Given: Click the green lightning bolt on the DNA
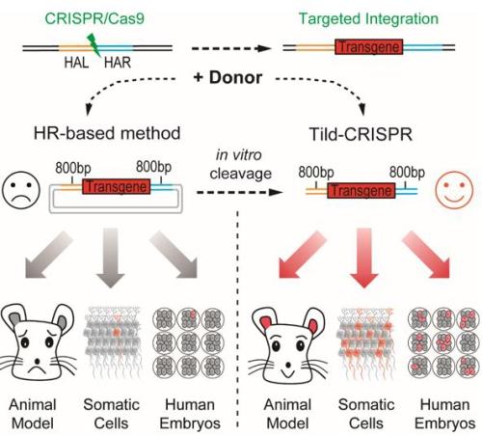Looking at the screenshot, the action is tap(94, 45).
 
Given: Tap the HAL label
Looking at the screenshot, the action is tap(76, 63).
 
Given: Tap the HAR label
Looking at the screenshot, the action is tap(118, 63).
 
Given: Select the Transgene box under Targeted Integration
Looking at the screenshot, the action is tap(368, 47).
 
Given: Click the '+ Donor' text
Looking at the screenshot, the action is tap(228, 77).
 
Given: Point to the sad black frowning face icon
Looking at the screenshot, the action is tap(21, 190).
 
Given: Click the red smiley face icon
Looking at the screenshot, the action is tap(454, 190).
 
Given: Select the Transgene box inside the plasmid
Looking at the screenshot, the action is tap(117, 186).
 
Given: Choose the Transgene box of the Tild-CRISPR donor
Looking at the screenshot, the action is tap(361, 190).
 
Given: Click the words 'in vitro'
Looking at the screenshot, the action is tap(239, 155).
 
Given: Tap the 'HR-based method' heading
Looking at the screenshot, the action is tap(107, 133).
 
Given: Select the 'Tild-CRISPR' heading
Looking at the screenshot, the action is tap(361, 134).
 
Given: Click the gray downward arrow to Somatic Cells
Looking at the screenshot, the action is tap(111, 258).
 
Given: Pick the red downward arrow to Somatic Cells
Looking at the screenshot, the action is tap(364, 258).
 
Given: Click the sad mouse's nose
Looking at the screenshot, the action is tap(38, 361).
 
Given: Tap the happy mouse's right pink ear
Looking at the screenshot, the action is tap(313, 325).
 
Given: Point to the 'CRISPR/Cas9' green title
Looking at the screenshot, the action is tap(94, 18).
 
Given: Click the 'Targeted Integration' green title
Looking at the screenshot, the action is tap(368, 18).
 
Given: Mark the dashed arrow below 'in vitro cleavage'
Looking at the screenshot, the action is tap(240, 192).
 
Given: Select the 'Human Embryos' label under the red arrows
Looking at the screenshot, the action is tap(445, 414).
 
